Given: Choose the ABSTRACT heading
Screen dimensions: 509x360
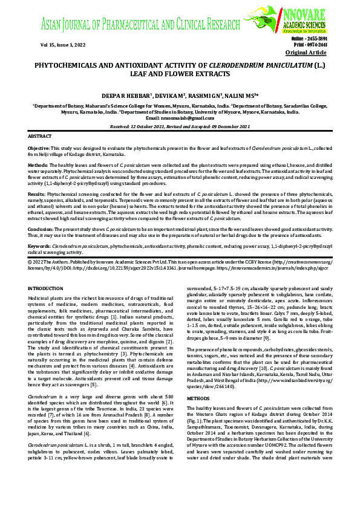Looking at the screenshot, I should [x=40, y=137].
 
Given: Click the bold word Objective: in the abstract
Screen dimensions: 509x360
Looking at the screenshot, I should [x=39, y=148].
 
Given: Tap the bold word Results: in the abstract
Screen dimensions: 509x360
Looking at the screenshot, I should [x=37, y=194].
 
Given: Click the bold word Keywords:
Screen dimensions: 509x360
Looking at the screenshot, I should [x=39, y=247].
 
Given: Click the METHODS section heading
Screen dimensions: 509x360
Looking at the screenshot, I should [x=197, y=399].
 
